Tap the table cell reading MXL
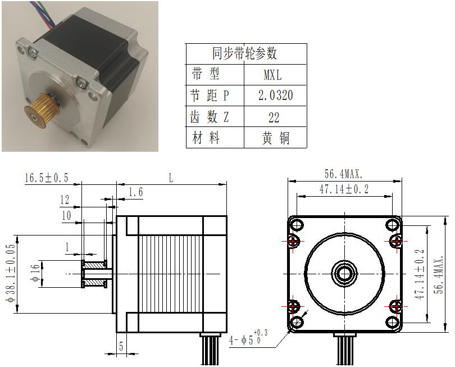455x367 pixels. [272, 75]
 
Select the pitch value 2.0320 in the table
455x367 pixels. [275, 96]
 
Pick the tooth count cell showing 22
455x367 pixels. [274, 117]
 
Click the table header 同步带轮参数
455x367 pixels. [244, 53]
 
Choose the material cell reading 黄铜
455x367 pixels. [276, 138]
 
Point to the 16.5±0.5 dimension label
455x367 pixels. [47, 178]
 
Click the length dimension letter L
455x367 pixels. [171, 178]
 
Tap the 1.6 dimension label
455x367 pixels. [135, 192]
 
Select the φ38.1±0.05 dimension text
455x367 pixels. [11, 273]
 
